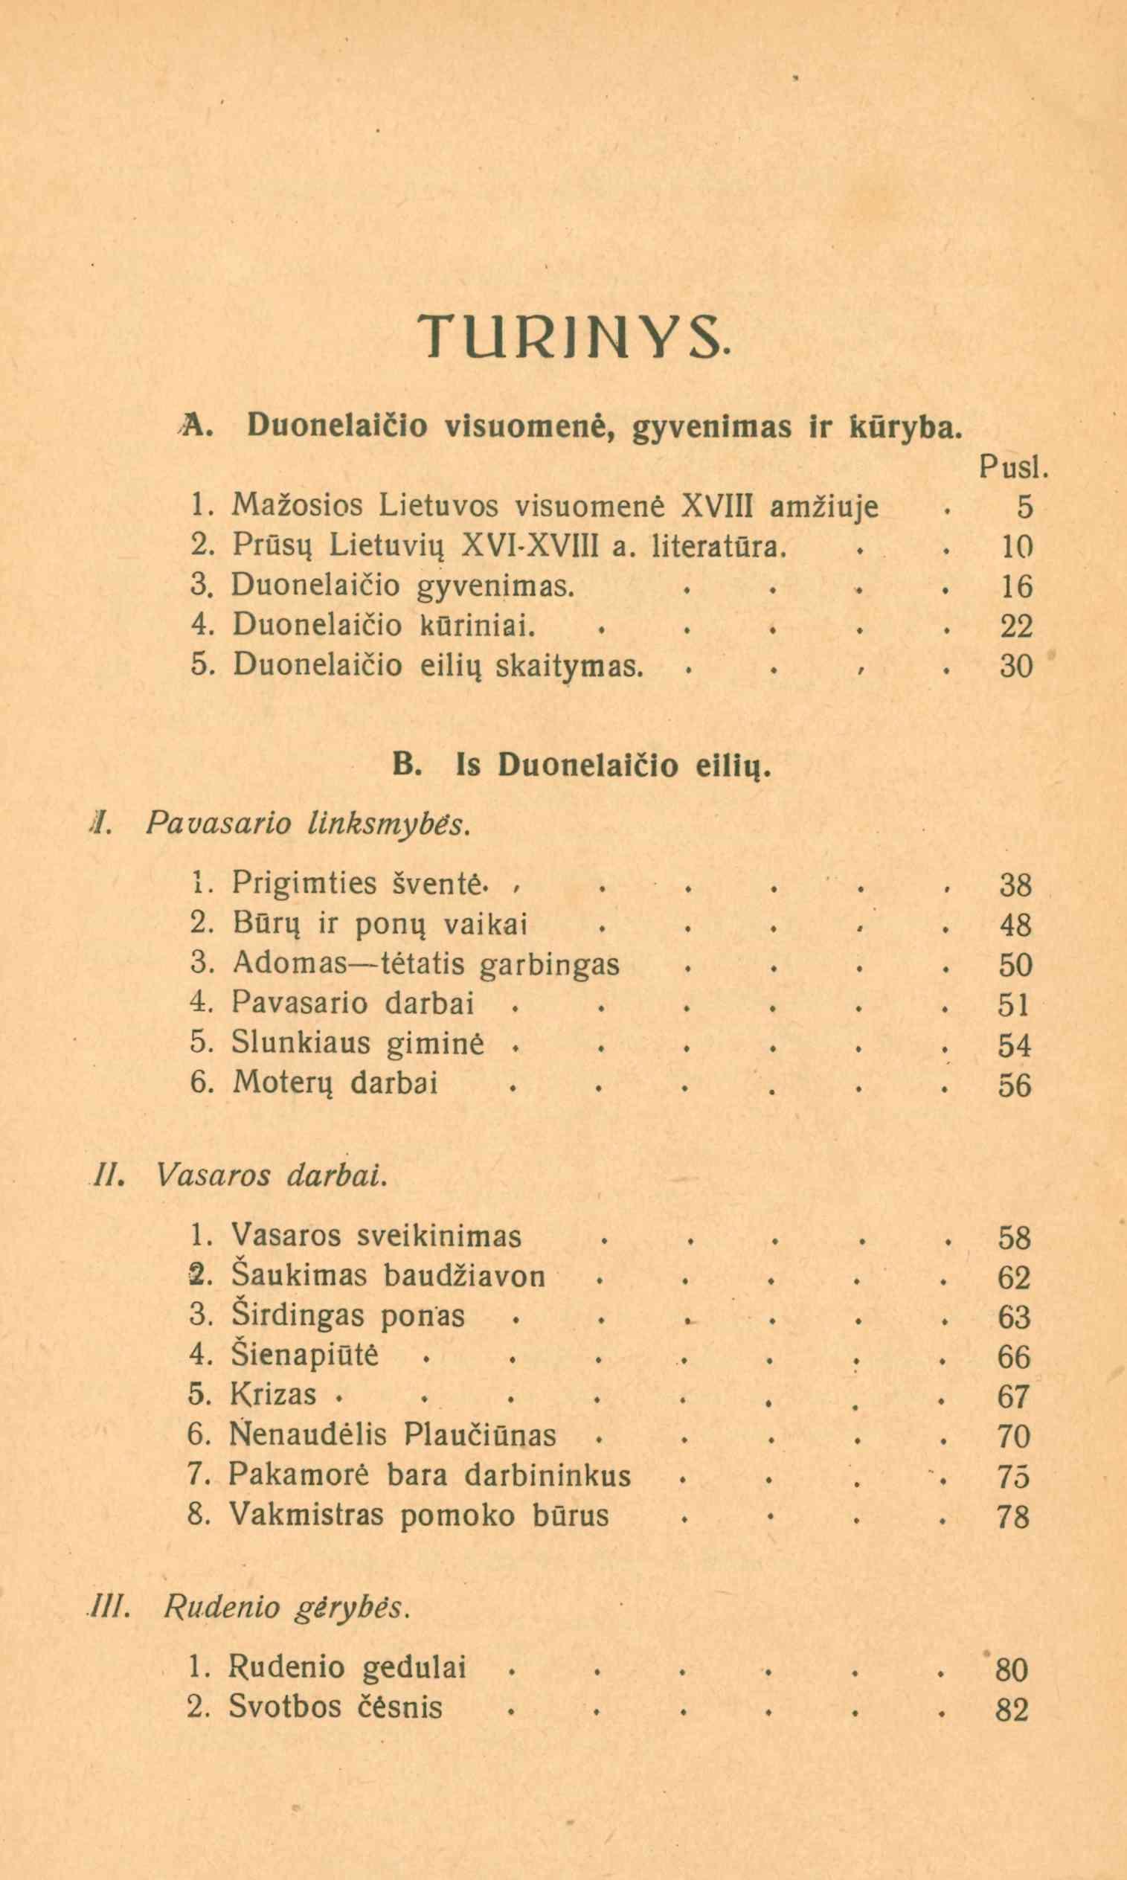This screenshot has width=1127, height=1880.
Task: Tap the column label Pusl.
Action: click(1013, 468)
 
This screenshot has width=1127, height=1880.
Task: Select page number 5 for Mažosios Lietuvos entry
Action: click(1024, 507)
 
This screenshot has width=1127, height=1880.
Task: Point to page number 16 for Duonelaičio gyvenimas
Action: click(1016, 586)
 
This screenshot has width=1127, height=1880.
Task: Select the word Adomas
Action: click(289, 964)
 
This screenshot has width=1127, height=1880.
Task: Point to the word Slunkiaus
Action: click(301, 1043)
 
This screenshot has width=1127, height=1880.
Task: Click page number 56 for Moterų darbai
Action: click(1015, 1085)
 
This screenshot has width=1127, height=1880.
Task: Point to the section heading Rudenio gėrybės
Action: click(286, 1608)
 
